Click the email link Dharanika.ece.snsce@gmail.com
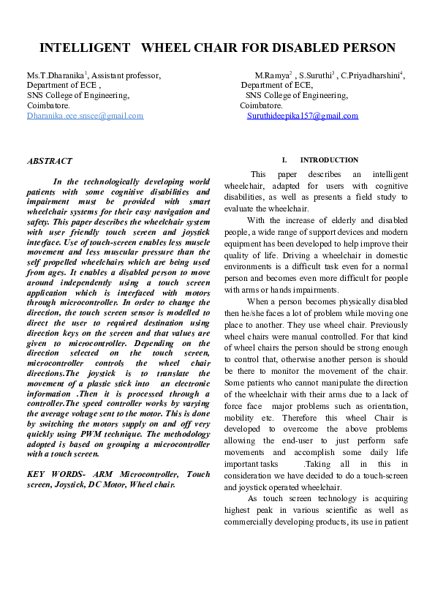click(85, 116)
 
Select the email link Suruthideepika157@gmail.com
click(303, 116)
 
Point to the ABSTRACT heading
click(49, 160)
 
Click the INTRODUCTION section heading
click(329, 160)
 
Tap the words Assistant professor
click(126, 75)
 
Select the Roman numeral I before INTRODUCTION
click(283, 160)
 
